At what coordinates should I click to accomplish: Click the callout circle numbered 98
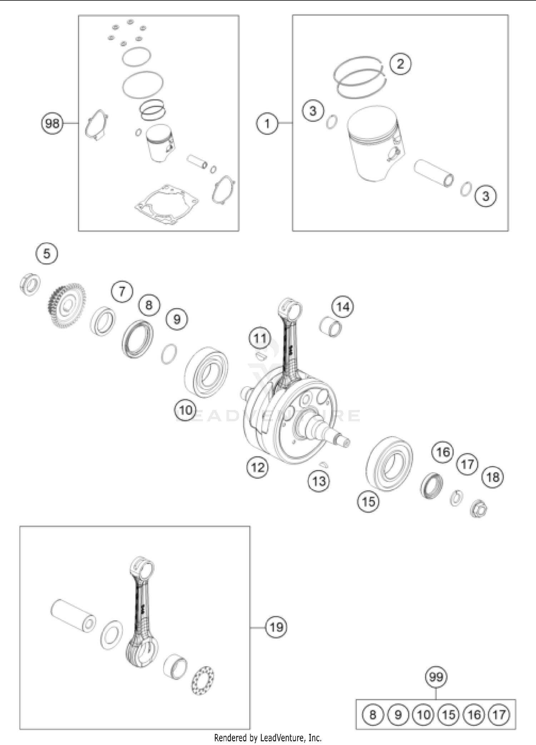(52, 123)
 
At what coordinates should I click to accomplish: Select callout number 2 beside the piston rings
(400, 64)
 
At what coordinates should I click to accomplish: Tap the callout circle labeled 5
(47, 254)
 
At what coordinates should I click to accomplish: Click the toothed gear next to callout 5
(66, 305)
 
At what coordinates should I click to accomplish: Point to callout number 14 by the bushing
(343, 307)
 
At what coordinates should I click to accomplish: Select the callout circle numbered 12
(258, 467)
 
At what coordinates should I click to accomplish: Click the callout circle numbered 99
(436, 677)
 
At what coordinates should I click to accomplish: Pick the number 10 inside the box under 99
(423, 715)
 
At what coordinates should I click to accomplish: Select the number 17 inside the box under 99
(499, 715)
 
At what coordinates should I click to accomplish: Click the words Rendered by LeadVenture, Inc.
(268, 737)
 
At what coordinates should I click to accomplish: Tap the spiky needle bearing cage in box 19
(203, 681)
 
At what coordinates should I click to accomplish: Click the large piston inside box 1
(375, 143)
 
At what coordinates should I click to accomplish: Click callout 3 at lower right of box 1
(486, 196)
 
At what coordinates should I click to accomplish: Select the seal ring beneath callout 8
(138, 340)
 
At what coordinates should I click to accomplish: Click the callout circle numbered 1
(267, 124)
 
